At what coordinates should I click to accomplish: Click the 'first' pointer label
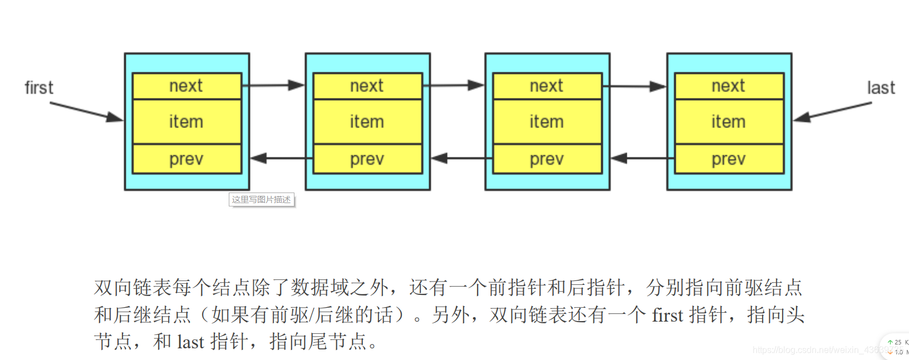pos(39,88)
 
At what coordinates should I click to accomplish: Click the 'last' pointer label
pos(881,88)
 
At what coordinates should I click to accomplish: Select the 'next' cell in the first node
pos(186,86)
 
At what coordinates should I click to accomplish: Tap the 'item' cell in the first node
pos(186,122)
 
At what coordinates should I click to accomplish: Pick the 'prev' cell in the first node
pos(186,159)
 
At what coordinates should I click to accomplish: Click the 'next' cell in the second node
pos(367,86)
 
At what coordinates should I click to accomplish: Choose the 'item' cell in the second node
pos(367,122)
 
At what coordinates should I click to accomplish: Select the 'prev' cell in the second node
pos(367,159)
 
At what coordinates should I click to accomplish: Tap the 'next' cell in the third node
pos(547,86)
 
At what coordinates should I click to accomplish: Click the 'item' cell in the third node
pos(547,122)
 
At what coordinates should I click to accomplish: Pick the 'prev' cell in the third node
pos(547,159)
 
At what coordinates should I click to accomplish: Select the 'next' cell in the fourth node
pos(729,86)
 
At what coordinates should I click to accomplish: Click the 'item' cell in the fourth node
pos(729,122)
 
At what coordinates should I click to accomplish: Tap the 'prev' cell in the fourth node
pos(729,159)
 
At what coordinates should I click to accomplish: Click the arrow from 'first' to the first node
pos(86,111)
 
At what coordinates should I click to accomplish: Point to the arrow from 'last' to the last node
pos(832,111)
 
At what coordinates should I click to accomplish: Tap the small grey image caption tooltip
pos(261,200)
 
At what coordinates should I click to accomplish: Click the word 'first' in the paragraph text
pos(667,315)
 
